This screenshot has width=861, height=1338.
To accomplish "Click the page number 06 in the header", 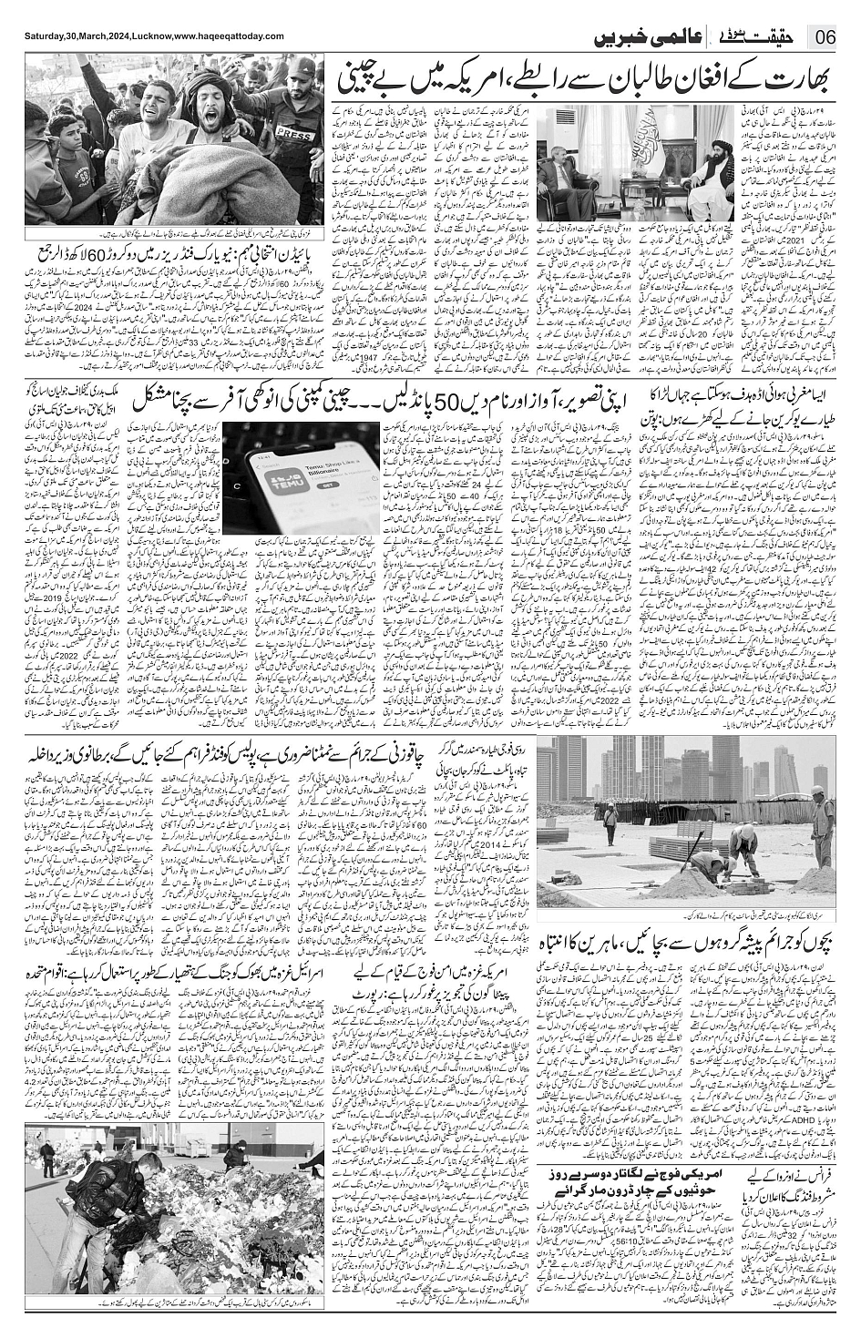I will tap(826, 39).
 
